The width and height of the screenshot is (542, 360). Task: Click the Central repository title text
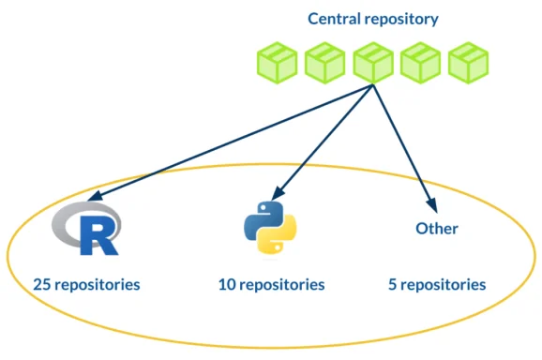click(373, 19)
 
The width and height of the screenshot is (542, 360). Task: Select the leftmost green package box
click(278, 63)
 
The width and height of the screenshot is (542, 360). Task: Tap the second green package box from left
click(325, 63)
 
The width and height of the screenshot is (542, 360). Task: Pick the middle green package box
click(373, 63)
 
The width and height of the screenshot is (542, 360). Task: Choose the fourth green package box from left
click(420, 63)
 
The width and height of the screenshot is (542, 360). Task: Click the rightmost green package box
click(468, 63)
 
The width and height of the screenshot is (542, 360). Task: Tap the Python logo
click(270, 227)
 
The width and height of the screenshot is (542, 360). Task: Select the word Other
click(437, 228)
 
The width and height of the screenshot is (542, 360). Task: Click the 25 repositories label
click(86, 283)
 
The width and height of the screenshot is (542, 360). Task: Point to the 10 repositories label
click(271, 283)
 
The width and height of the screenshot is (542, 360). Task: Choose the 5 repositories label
click(437, 283)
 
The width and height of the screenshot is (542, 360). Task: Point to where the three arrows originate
click(373, 85)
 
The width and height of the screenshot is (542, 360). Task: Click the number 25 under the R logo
click(41, 283)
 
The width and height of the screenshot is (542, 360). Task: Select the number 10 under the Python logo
click(227, 283)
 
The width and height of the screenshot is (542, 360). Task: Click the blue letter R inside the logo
click(98, 234)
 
